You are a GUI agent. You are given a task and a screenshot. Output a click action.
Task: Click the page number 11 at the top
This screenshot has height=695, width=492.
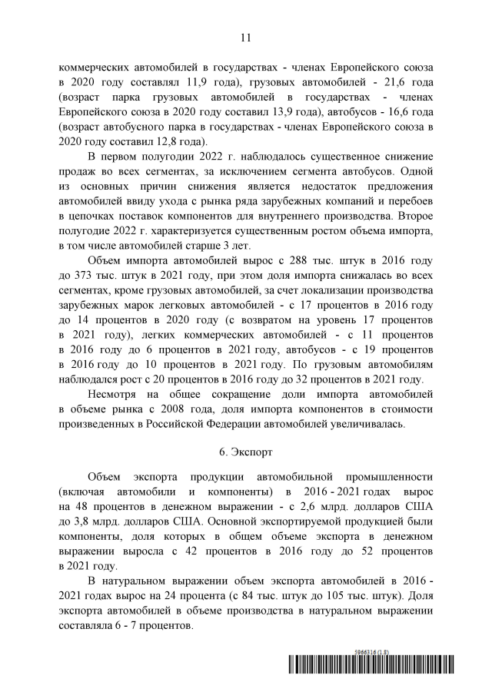(x=246, y=37)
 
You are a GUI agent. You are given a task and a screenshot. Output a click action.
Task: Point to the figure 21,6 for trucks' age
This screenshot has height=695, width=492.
(x=387, y=81)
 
